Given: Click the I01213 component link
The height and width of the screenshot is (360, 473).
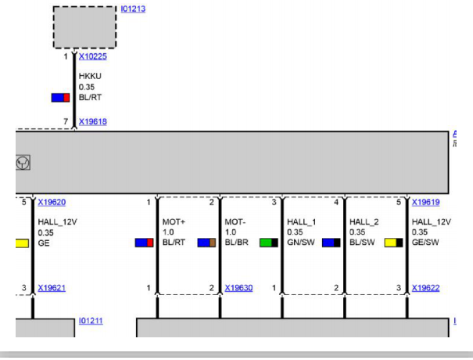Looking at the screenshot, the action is coord(133,9).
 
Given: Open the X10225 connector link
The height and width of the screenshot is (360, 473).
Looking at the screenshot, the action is coord(92,56).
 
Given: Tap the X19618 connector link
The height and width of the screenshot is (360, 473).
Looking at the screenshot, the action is coord(92,122).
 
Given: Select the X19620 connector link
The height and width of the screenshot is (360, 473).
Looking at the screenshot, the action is coord(52,203).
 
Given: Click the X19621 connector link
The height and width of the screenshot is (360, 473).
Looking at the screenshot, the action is coord(52,288).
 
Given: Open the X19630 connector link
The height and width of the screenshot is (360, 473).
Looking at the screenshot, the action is coord(238,288).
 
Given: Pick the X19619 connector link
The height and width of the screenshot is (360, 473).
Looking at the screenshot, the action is coord(425,203).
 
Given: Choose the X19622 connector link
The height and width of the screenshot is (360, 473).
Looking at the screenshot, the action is coord(425,288).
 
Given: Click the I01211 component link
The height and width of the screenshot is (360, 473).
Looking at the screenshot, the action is coord(91,321).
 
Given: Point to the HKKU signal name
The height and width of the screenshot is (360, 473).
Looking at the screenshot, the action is coord(90,76).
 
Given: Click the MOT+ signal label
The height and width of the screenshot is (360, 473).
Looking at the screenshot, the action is coord(174,222).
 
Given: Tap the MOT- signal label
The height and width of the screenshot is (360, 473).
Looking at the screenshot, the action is coord(235,222).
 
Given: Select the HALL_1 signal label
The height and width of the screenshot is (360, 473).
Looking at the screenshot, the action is coord(301,222).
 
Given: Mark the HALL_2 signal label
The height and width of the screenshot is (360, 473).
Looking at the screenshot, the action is coord(364,222).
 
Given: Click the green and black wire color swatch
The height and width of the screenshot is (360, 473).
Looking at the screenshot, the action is coord(269,243).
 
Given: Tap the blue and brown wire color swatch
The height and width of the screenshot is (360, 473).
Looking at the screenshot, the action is coord(206,243).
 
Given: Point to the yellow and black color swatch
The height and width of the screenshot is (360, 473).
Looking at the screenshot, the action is coord(394,243).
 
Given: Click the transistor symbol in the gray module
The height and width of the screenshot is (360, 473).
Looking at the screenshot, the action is coord(23,163).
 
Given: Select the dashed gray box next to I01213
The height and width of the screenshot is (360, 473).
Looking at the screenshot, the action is coord(84,27).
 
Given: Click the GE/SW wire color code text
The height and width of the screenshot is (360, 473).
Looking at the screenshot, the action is coord(425,242).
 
